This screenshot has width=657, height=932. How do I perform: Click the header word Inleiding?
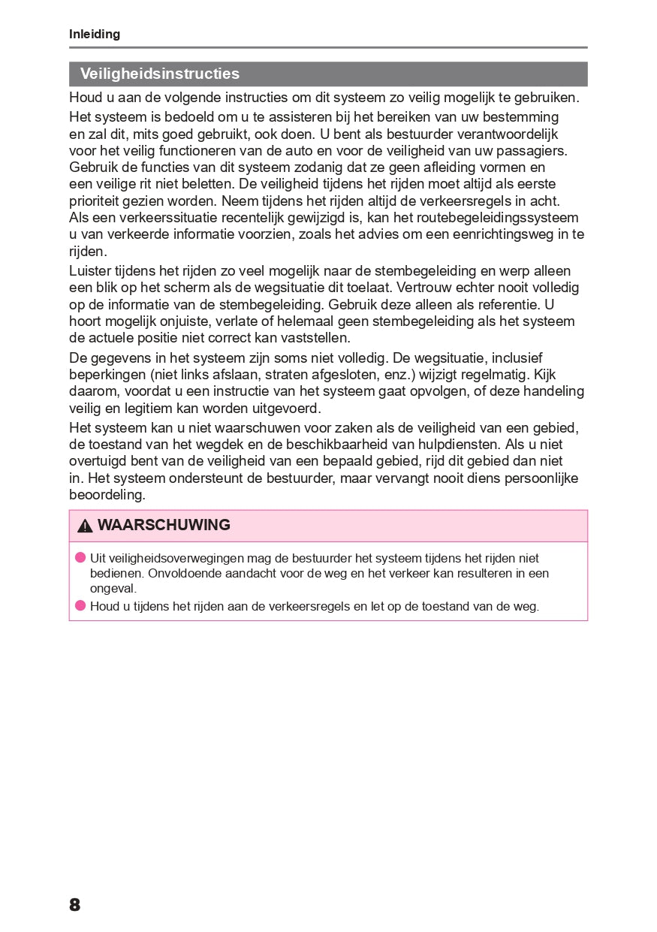[95, 35]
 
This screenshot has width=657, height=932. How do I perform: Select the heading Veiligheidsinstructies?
[160, 74]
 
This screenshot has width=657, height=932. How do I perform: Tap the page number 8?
[74, 904]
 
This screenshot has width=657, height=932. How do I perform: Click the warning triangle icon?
[85, 526]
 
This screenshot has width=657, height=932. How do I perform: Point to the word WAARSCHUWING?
[164, 525]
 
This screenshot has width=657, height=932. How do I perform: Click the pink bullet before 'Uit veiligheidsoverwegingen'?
[80, 558]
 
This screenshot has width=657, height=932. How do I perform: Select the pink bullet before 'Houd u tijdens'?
[80, 606]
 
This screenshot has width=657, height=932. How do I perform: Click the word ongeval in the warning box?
[113, 588]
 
